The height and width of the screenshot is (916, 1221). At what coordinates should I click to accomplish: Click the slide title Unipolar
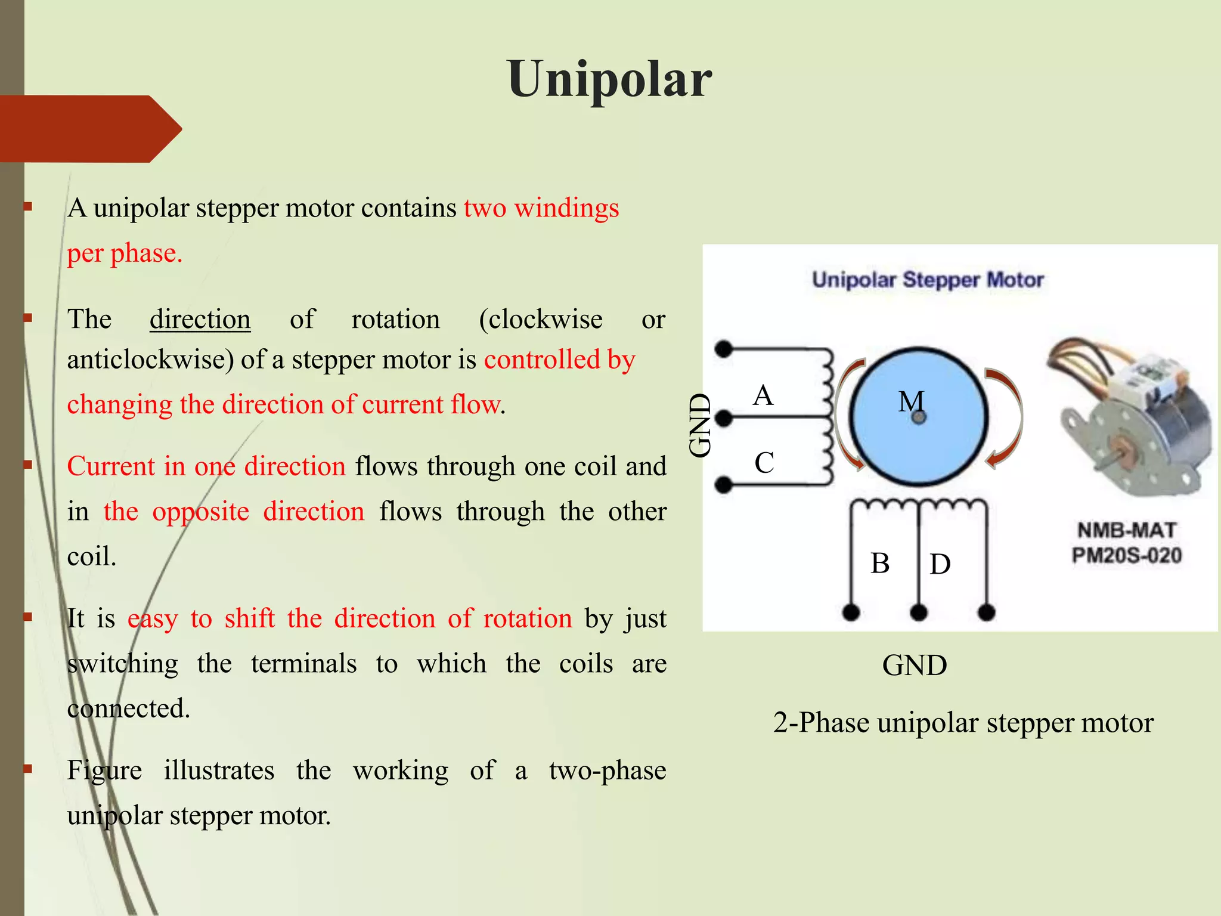pos(609,79)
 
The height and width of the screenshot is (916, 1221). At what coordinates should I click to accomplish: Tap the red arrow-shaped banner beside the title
pos(89,129)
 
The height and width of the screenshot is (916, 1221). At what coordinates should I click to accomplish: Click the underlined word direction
pos(200,319)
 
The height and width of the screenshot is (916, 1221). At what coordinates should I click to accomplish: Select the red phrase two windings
pos(541,208)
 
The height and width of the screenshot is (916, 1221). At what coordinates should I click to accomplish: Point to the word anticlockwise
pos(150,360)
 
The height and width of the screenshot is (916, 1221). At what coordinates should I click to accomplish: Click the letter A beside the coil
pos(763,395)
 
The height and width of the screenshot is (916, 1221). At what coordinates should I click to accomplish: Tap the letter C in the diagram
pos(764,463)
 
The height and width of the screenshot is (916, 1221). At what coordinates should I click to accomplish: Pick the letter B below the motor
pos(880,563)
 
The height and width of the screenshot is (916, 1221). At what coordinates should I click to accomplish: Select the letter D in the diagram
pos(940,564)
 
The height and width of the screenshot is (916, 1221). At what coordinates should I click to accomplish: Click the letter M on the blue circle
pos(911,401)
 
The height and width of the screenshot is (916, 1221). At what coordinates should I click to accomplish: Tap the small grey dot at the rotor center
pos(919,418)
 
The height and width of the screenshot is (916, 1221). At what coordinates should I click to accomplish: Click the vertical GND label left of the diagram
pos(700,425)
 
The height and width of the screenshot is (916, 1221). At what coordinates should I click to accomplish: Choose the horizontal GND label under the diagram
pos(915,665)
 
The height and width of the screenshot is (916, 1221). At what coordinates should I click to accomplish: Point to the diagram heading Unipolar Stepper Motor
pos(928,280)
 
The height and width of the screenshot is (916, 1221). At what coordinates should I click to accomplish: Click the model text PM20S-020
pos(1126,555)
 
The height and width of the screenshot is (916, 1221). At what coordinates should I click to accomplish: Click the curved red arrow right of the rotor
pos(1006,417)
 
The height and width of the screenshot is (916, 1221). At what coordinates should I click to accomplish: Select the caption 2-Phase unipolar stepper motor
pos(963,723)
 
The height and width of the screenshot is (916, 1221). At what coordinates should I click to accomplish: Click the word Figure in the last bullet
pos(104,770)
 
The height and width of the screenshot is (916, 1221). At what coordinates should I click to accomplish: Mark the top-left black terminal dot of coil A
pos(724,349)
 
